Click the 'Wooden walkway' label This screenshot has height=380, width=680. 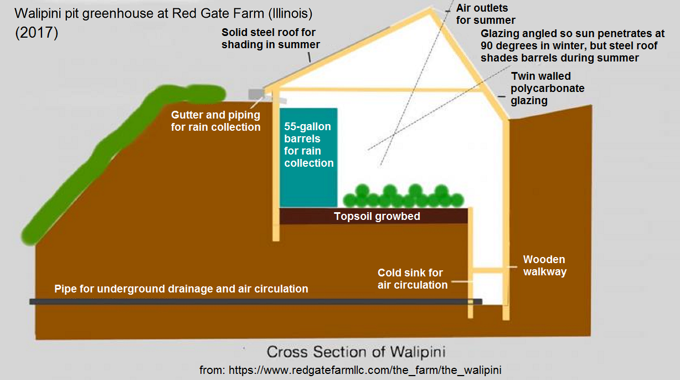tap(544, 265)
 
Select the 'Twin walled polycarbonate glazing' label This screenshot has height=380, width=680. tap(548, 88)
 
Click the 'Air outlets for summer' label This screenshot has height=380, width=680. tap(486, 14)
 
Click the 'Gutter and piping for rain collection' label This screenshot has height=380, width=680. tap(215, 121)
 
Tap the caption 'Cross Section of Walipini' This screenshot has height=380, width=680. tap(357, 352)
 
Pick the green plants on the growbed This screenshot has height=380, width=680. tap(403, 197)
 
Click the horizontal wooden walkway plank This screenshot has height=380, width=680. tap(488, 270)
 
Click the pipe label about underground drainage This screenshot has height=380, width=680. tap(181, 289)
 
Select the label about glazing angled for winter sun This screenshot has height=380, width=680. tap(572, 45)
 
